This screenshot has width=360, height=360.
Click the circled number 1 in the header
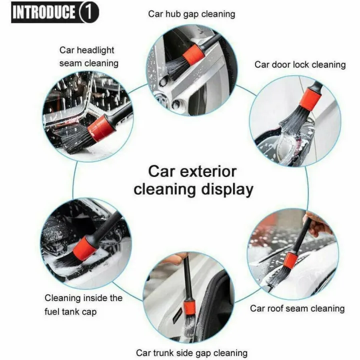pos(88,12)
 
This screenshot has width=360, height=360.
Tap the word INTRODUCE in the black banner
pos(44,12)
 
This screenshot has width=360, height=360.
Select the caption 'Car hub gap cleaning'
pos(191,13)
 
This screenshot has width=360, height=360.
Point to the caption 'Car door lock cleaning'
pos(299,64)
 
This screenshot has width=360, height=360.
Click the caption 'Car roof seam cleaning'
pos(297,308)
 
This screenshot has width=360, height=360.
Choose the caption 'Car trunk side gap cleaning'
pos(191,353)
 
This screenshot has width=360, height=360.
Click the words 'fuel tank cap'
pos(70,311)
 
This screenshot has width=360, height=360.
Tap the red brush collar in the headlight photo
pos(102,127)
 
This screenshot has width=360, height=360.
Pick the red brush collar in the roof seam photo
pos(290,260)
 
